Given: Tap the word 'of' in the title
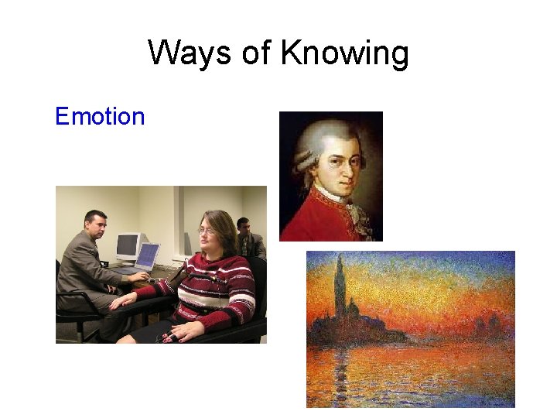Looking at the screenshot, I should coord(254,53).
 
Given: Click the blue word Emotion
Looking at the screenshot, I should coord(100,117).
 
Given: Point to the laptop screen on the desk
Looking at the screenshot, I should coord(146,255).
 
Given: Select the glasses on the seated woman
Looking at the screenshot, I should coord(207,231).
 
